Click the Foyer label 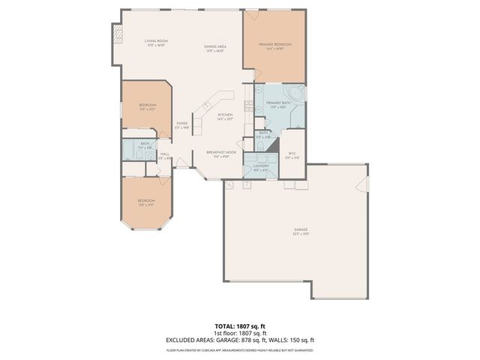[181, 125]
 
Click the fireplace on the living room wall [116, 34]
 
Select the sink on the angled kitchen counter [209, 104]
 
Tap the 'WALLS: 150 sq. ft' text [296, 340]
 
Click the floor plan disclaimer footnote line [239, 349]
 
